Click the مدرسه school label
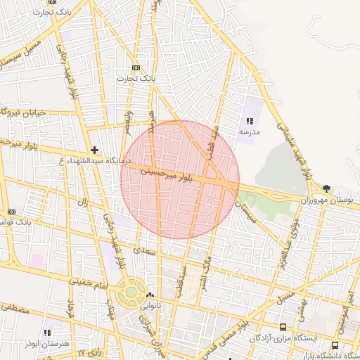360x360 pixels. pyautogui.click(x=250, y=131)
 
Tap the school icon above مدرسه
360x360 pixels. pyautogui.click(x=250, y=121)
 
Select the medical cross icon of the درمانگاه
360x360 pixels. pyautogui.click(x=95, y=150)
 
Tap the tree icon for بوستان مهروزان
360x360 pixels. pyautogui.click(x=327, y=188)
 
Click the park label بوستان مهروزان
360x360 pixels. pyautogui.click(x=326, y=200)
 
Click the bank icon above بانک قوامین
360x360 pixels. pyautogui.click(x=11, y=212)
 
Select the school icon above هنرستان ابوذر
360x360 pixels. pyautogui.click(x=47, y=333)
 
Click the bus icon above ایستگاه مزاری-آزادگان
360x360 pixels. pyautogui.click(x=283, y=327)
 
